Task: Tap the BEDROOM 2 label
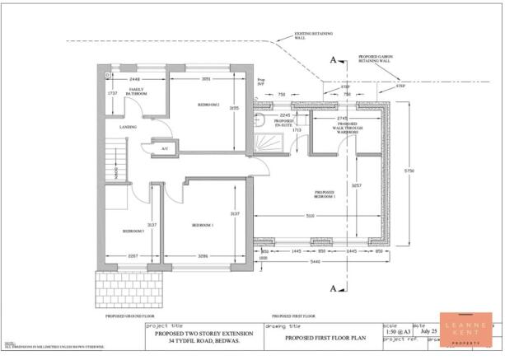(208, 105)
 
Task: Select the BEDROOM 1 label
(203, 225)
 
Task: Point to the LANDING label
(127, 127)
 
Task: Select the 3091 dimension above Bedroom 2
(208, 79)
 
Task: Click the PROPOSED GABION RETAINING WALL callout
(375, 58)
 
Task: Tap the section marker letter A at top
(331, 60)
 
